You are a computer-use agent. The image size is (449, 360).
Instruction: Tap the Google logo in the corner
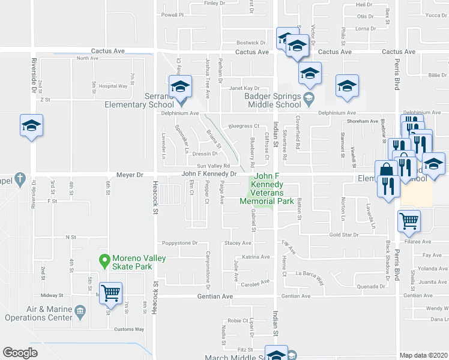pyautogui.click(x=20, y=353)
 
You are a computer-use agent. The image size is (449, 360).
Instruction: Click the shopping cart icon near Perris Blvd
pyautogui.click(x=409, y=221)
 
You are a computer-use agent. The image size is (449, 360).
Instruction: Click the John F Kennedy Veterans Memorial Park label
pyautogui.click(x=267, y=189)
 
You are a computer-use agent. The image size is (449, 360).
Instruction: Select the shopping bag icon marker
pyautogui.click(x=386, y=170)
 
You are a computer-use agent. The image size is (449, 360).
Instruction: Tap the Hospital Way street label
pyautogui.click(x=113, y=86)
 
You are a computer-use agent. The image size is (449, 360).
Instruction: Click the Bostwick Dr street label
pyautogui.click(x=251, y=43)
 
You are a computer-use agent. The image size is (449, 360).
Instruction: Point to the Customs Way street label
pyautogui.click(x=129, y=329)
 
